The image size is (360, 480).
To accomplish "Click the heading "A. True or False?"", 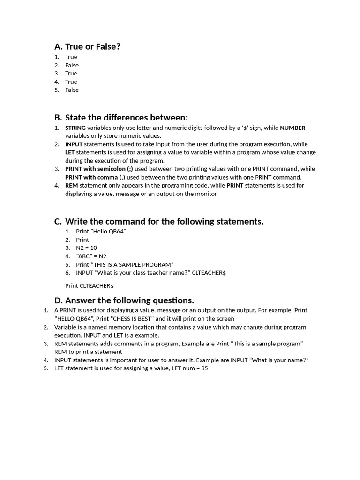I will point(87,46).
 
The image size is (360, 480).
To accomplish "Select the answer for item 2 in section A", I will point(72,65).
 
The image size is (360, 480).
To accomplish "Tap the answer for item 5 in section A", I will point(72,90).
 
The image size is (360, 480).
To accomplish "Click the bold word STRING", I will point(75,128).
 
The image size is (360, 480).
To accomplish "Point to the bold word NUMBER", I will point(292,128).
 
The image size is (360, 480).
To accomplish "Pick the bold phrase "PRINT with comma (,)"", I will point(95,177).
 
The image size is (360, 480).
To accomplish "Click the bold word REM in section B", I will point(71,186).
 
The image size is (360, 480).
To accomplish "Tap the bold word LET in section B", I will point(70,152).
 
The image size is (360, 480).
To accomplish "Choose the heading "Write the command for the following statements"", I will point(164,221).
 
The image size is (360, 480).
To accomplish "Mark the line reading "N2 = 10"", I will point(86,248).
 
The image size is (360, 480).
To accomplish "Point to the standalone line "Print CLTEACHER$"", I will point(89,285).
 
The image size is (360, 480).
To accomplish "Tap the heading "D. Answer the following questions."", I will point(124,300).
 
